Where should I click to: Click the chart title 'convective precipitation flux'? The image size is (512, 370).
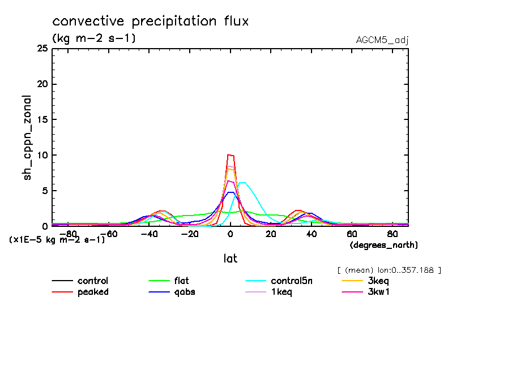(150, 21)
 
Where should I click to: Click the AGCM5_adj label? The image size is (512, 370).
(382, 40)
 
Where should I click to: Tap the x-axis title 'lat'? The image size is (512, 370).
(229, 259)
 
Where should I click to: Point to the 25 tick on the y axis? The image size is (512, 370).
(41, 49)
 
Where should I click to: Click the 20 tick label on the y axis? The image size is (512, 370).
(41, 84)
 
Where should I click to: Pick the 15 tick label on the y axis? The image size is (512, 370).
(41, 120)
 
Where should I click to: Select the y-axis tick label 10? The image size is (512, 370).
(41, 155)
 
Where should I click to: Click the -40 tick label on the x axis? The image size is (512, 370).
(148, 233)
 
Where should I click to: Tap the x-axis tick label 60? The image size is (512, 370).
(352, 233)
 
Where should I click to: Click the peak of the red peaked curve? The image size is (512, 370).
(230, 154)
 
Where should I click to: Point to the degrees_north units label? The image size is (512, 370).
(383, 245)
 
